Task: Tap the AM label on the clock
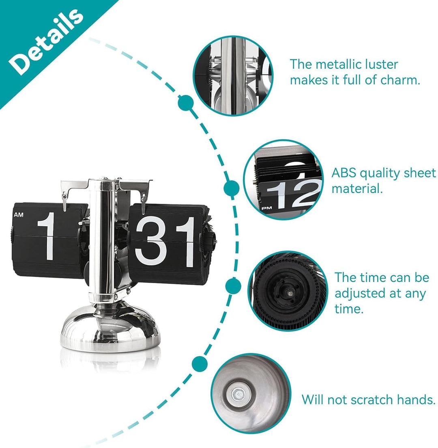[19, 215]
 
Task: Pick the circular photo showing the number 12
[284, 180]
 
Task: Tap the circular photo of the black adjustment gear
[288, 291]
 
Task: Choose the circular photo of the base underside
[251, 394]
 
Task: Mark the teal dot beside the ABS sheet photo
[232, 187]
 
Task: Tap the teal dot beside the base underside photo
[199, 362]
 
